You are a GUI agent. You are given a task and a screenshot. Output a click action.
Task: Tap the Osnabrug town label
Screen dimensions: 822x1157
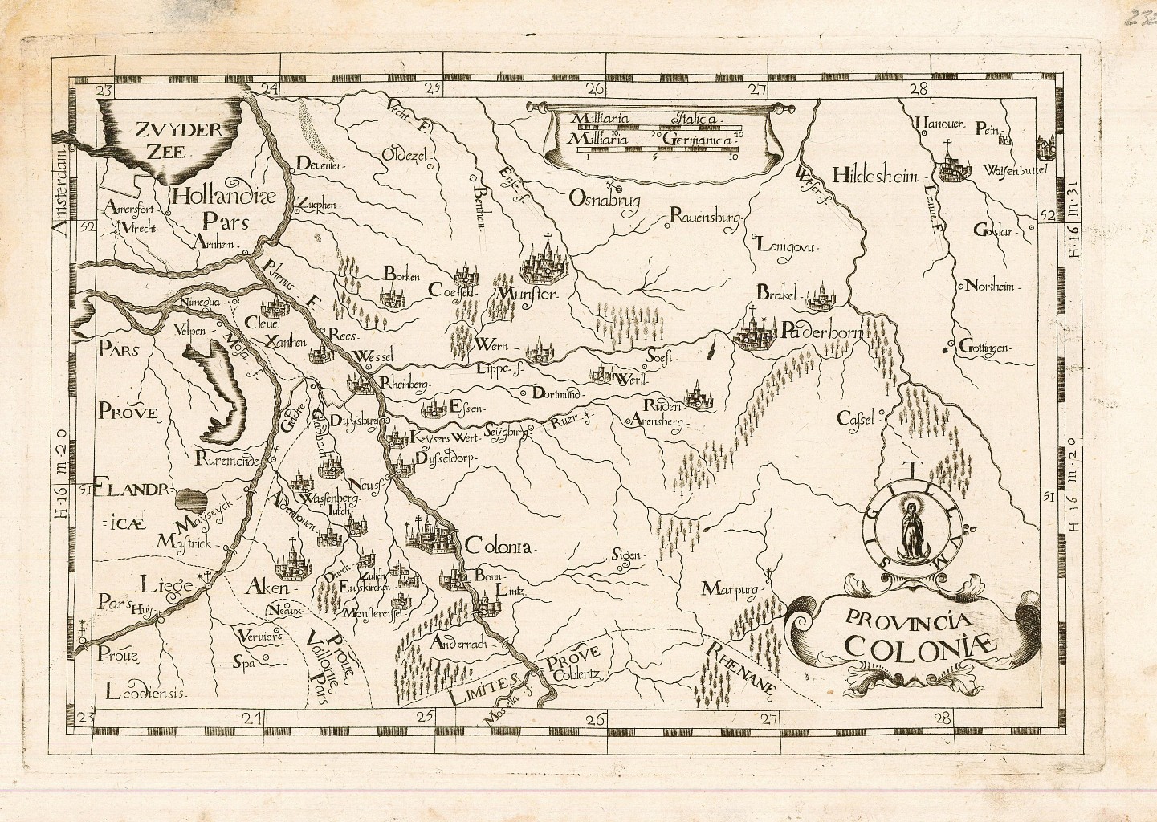[x=605, y=201]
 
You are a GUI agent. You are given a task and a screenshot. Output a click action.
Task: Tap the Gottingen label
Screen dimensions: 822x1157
[x=986, y=348]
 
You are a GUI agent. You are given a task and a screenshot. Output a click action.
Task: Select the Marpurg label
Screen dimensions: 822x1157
[x=730, y=588]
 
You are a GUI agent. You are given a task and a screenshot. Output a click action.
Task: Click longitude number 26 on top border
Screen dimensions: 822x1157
[x=595, y=88]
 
